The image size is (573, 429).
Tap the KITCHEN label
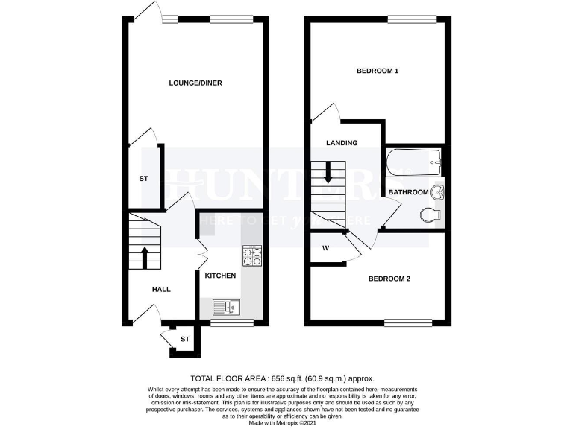pyautogui.click(x=221, y=276)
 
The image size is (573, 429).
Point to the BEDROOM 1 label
pyautogui.click(x=378, y=71)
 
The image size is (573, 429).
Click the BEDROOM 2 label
pyautogui.click(x=389, y=279)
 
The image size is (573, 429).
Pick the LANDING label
pyautogui.click(x=342, y=143)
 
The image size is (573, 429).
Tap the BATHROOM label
pyautogui.click(x=408, y=192)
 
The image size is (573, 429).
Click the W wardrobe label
pyautogui.click(x=326, y=247)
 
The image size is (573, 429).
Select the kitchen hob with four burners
pyautogui.click(x=251, y=256)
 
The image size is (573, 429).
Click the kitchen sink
pyautogui.click(x=224, y=306)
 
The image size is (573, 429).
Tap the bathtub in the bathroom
pyautogui.click(x=414, y=162)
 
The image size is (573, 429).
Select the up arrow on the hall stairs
pyautogui.click(x=145, y=258)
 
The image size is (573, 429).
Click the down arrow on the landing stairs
pyautogui.click(x=328, y=175)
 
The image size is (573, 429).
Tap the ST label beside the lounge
pyautogui.click(x=143, y=179)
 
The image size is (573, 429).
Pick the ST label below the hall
pyautogui.click(x=185, y=340)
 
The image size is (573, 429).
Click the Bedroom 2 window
pyautogui.click(x=407, y=322)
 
